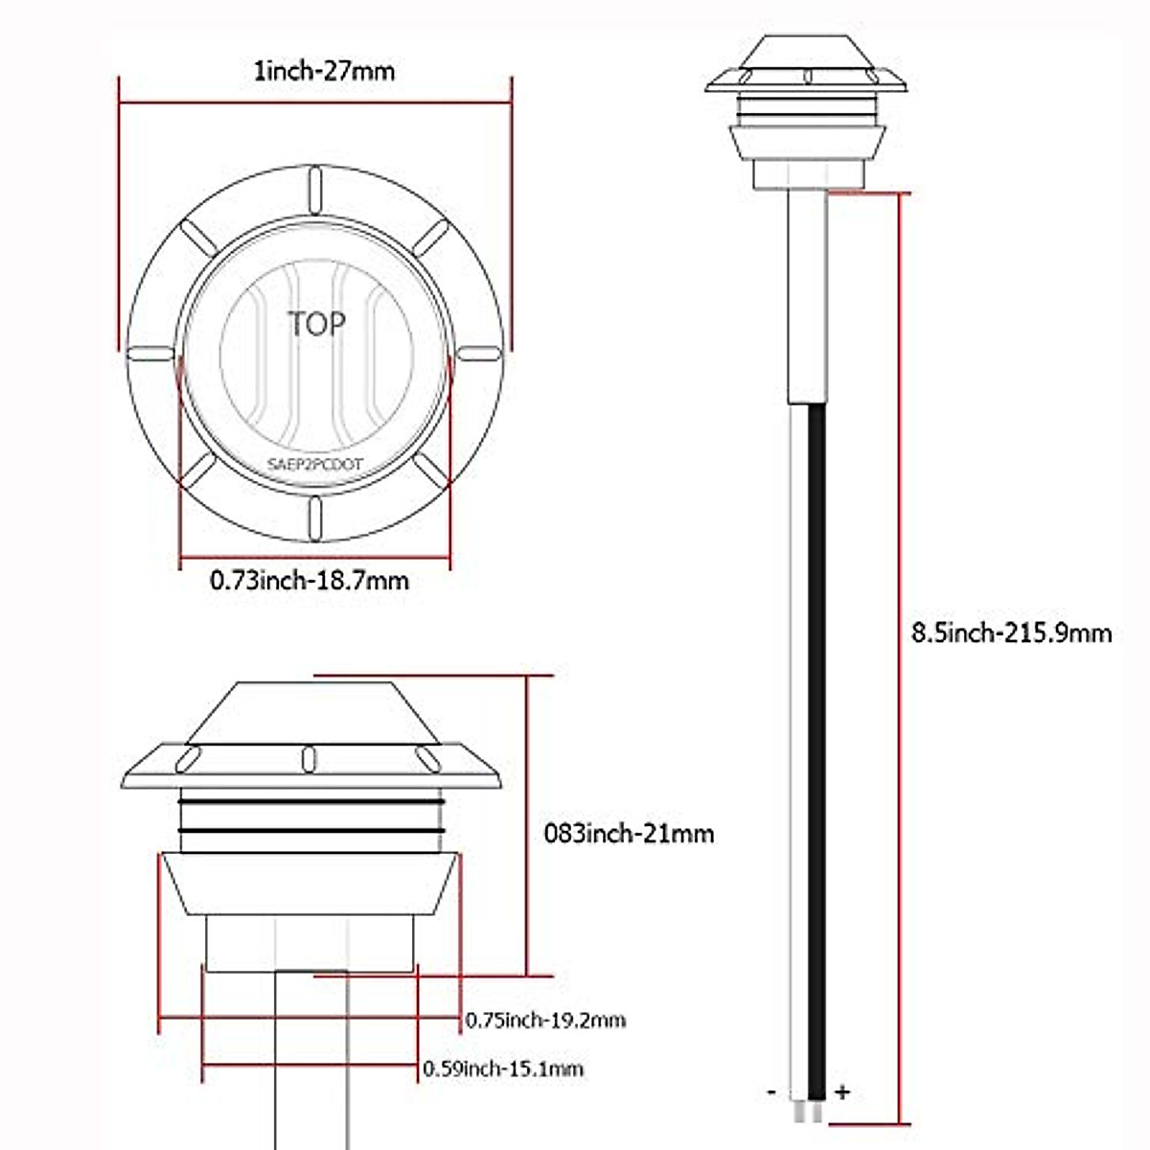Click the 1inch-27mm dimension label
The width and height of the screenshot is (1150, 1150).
pyautogui.click(x=324, y=72)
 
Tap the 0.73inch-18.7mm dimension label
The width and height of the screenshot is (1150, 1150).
pyautogui.click(x=310, y=580)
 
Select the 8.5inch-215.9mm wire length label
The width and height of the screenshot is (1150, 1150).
pyautogui.click(x=1011, y=633)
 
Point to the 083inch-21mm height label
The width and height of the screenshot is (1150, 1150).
pyautogui.click(x=629, y=834)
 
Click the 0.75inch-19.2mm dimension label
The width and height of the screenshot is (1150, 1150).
pyautogui.click(x=545, y=1020)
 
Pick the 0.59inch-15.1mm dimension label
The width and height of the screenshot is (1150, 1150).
pyautogui.click(x=503, y=1069)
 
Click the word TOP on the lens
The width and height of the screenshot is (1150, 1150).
pyautogui.click(x=317, y=324)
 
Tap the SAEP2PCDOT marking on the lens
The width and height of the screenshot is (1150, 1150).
pyautogui.click(x=314, y=464)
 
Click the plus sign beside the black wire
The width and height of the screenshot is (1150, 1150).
pyautogui.click(x=842, y=1092)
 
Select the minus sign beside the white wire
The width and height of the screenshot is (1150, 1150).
pyautogui.click(x=771, y=1093)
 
